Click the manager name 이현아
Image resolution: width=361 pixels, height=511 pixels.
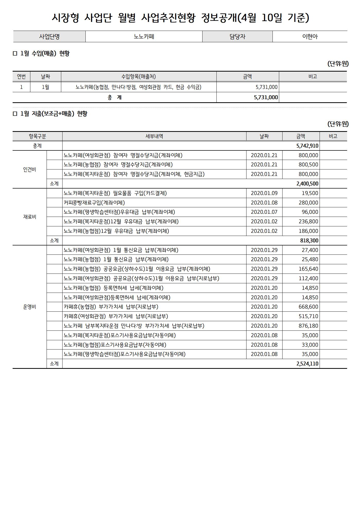pyautogui.click(x=310, y=37)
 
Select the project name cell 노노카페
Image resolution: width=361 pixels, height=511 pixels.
pyautogui.click(x=144, y=37)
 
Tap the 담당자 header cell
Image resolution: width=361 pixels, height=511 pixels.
pyautogui.click(x=237, y=37)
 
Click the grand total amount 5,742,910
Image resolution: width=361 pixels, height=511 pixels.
pyautogui.click(x=307, y=146)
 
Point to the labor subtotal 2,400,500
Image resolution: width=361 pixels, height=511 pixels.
pyautogui.click(x=307, y=184)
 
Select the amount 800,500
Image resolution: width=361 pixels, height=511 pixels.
pyautogui.click(x=308, y=165)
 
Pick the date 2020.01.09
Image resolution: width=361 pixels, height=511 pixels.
pyautogui.click(x=264, y=193)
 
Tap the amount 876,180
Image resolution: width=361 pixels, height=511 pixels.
pyautogui.click(x=308, y=326)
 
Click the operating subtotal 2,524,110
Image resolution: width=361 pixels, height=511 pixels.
pyautogui.click(x=307, y=364)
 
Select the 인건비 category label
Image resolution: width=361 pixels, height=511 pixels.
pyautogui.click(x=30, y=169)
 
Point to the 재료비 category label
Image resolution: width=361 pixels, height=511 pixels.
pyautogui.click(x=30, y=217)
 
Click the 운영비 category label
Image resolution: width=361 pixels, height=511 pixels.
pyautogui.click(x=30, y=307)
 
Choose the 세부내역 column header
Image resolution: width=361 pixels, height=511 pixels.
pyautogui.click(x=154, y=136)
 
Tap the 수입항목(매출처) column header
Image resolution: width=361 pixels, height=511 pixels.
pyautogui.click(x=138, y=76)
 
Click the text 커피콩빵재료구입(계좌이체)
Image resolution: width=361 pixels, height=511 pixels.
pyautogui.click(x=94, y=203)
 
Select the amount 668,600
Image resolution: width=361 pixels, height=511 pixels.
pyautogui.click(x=308, y=307)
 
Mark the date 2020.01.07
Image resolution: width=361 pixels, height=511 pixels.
pyautogui.click(x=264, y=212)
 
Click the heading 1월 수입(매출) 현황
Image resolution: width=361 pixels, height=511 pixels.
pyautogui.click(x=45, y=54)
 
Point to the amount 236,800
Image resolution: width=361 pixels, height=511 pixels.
pyautogui.click(x=308, y=222)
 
